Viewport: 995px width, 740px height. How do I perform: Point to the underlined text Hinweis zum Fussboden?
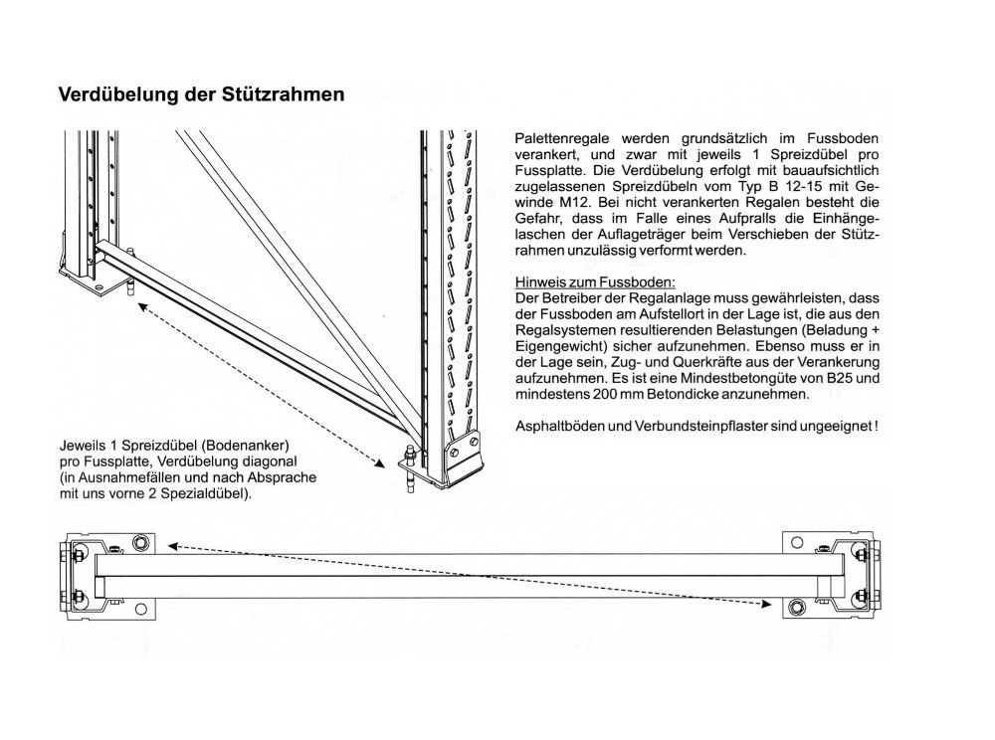(x=595, y=282)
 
